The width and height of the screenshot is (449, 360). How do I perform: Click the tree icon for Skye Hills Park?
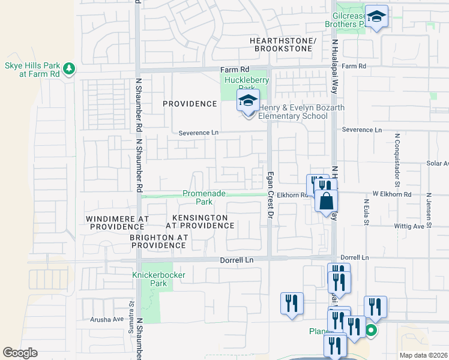(70, 68)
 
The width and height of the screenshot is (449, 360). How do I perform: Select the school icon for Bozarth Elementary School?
(247, 101)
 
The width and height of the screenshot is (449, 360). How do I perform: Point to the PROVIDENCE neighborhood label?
(190, 104)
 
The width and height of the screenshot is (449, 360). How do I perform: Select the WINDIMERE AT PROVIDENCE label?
(117, 222)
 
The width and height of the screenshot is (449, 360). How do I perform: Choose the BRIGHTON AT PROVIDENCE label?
(158, 241)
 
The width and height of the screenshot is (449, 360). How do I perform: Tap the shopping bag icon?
(326, 200)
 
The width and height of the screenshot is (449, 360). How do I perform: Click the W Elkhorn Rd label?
(391, 194)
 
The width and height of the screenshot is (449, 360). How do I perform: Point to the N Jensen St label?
(429, 209)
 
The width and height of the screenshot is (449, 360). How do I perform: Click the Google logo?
(20, 353)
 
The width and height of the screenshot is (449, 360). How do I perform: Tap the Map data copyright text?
(423, 355)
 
